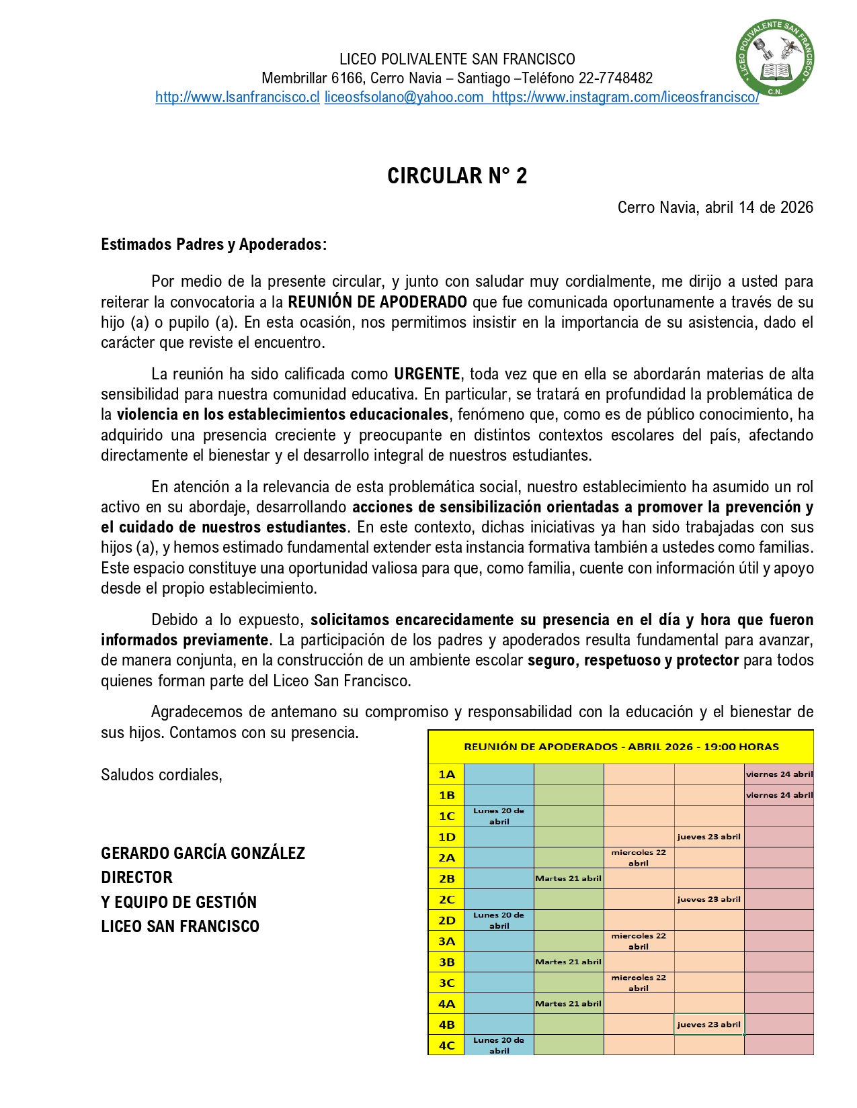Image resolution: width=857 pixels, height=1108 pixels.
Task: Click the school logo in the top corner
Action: point(775,58)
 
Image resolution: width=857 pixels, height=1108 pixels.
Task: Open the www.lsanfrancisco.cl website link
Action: point(237,97)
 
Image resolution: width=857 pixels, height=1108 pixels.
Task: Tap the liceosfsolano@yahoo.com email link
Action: point(404,97)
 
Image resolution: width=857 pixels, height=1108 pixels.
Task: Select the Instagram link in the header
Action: point(625,97)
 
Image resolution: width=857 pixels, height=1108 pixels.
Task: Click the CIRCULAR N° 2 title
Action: point(457,176)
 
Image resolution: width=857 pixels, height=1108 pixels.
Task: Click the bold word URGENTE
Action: point(427,374)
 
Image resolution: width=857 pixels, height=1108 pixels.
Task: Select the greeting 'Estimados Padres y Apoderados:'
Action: point(214,244)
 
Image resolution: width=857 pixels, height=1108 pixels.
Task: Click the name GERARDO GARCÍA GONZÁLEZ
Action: point(203,853)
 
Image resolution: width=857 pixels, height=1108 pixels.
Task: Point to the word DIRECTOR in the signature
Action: point(136,878)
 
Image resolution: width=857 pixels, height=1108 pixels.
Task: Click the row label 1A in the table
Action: point(446,774)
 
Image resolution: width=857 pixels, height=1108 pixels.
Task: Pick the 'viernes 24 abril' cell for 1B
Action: point(779,795)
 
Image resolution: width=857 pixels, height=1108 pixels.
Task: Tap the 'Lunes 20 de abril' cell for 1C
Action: point(499,816)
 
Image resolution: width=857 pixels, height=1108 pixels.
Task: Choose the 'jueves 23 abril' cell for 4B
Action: point(708,1025)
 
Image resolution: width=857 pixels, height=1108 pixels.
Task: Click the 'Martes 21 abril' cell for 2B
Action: point(568,878)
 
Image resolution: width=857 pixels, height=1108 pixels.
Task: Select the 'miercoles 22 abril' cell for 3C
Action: point(639,983)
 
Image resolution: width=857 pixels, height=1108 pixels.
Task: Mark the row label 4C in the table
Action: point(446,1046)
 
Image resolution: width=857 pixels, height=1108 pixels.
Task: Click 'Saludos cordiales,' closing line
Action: point(161,776)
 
